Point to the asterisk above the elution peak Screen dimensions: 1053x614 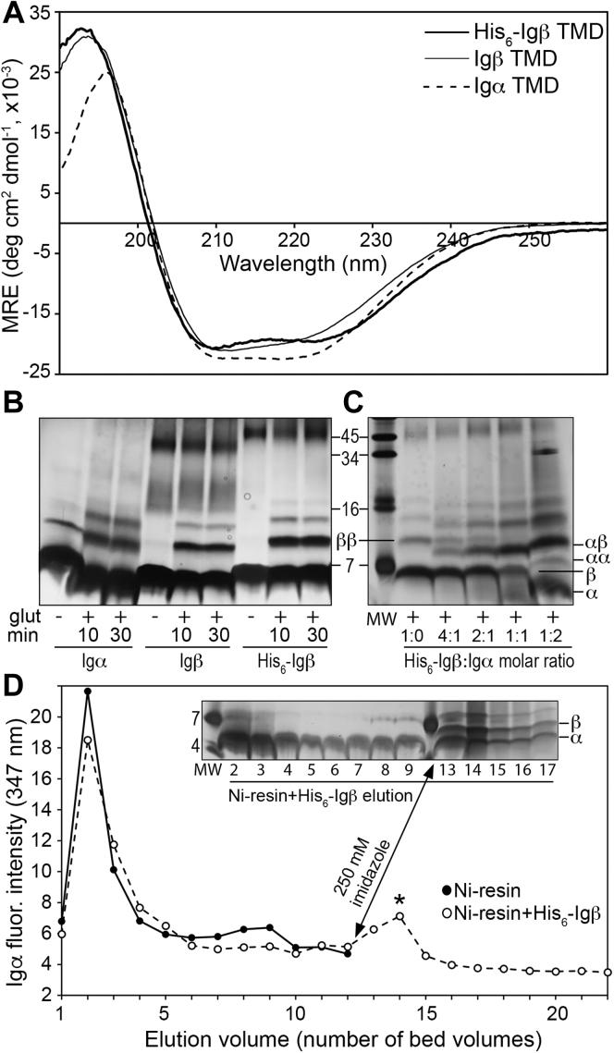pyautogui.click(x=400, y=900)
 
